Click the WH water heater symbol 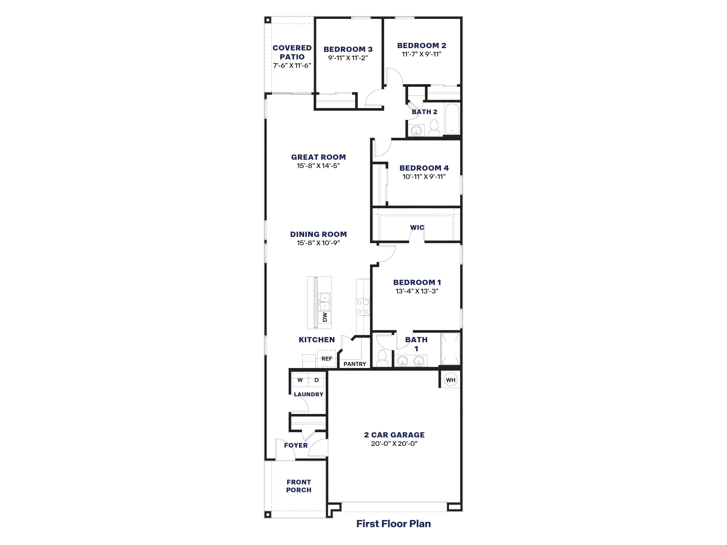pyautogui.click(x=451, y=380)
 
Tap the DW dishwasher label pyautogui.click(x=325, y=317)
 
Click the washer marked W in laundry pyautogui.click(x=300, y=380)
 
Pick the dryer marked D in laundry pyautogui.click(x=317, y=380)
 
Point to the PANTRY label pyautogui.click(x=355, y=364)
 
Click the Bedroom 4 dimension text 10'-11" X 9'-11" pyautogui.click(x=424, y=177)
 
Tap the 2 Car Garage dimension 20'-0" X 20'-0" pyautogui.click(x=394, y=444)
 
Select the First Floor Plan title pyautogui.click(x=393, y=524)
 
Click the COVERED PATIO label pyautogui.click(x=292, y=52)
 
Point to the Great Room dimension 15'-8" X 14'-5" pyautogui.click(x=318, y=166)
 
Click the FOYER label pyautogui.click(x=296, y=445)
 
